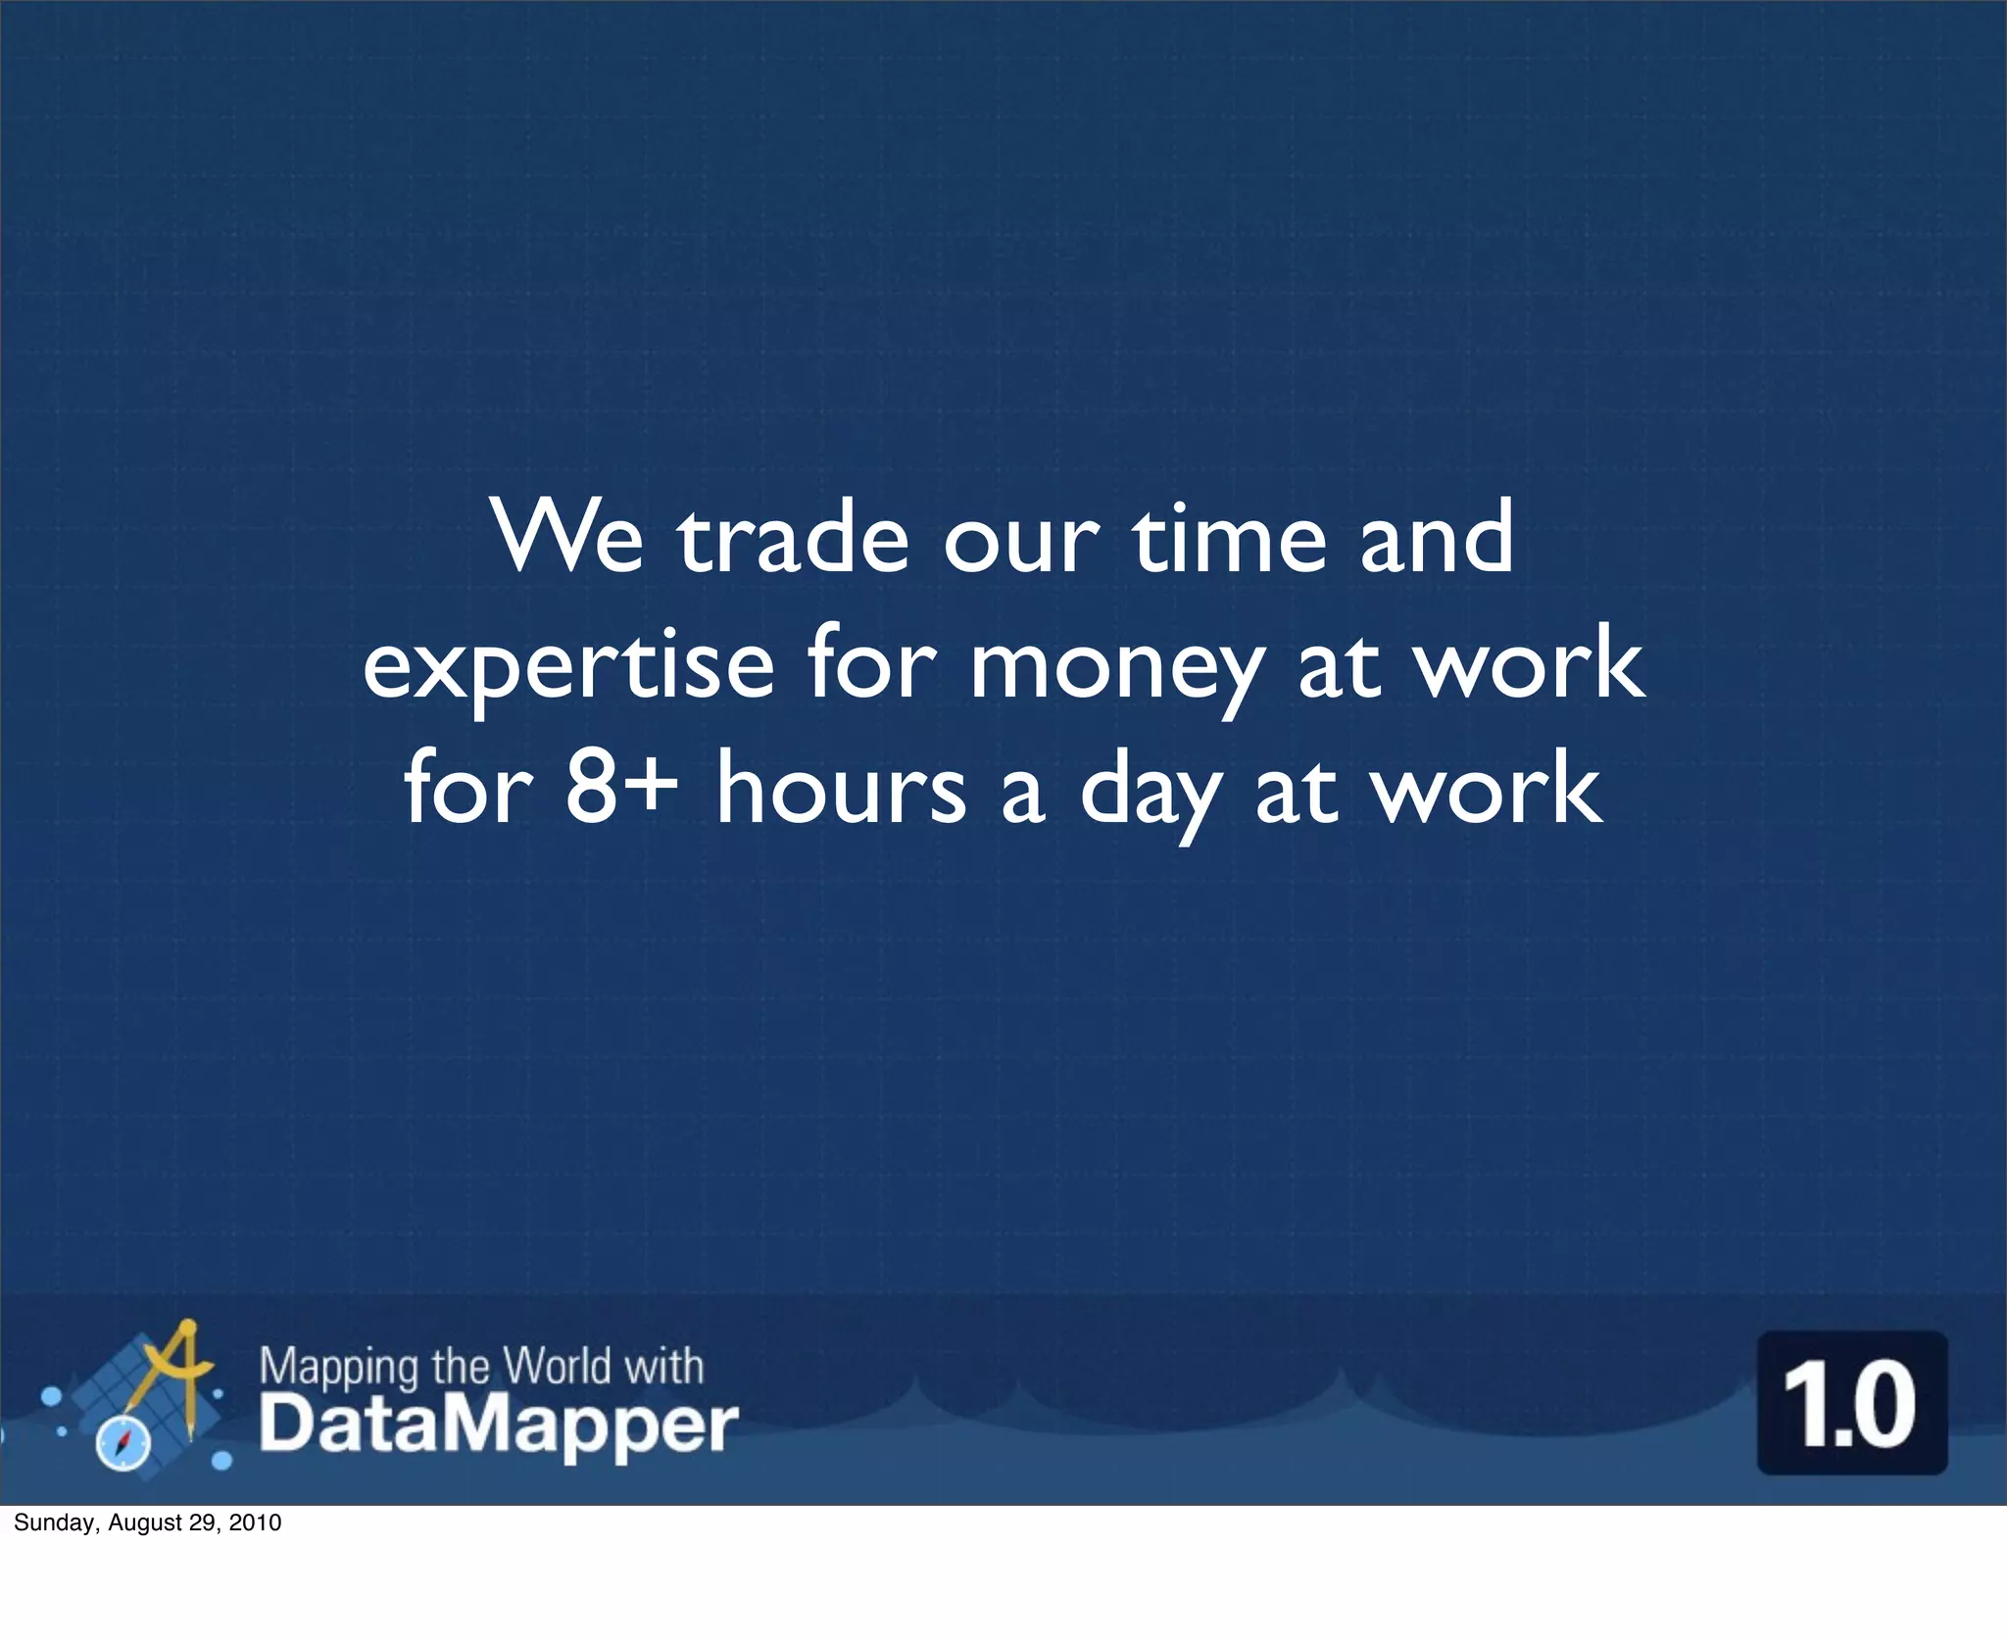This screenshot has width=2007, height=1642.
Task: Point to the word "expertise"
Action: pyautogui.click(x=568, y=667)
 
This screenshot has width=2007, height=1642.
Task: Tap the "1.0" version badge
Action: pyautogui.click(x=1852, y=1402)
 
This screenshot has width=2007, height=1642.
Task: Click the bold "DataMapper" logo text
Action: pyautogui.click(x=498, y=1426)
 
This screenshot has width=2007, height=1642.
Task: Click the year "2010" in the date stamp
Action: pyautogui.click(x=256, y=1522)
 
